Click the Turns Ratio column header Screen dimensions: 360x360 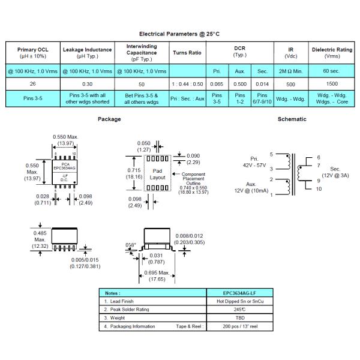click(187, 53)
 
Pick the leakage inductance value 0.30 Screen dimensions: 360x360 click(86, 85)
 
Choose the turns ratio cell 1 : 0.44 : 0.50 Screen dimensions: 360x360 click(187, 85)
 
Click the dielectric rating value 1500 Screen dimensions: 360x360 click(332, 85)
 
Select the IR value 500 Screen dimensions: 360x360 click(290, 85)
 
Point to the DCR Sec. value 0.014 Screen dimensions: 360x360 click(262, 85)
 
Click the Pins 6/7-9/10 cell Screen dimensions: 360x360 click(262, 98)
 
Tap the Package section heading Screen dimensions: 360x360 click(109, 119)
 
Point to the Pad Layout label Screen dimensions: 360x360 click(157, 175)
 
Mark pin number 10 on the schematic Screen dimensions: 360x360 click(319, 188)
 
